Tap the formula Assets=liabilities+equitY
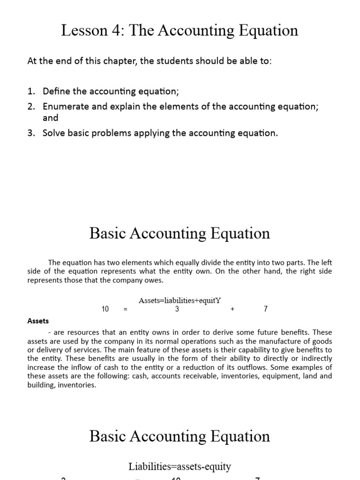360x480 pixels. click(180, 300)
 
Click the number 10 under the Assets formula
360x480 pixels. click(105, 309)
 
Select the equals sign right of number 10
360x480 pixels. click(125, 309)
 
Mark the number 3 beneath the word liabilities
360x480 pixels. click(177, 309)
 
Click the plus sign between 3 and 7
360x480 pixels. click(232, 309)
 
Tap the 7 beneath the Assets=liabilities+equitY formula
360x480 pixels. click(266, 309)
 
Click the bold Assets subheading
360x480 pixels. click(38, 321)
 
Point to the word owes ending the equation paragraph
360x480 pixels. click(154, 280)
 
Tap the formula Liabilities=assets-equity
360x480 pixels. click(180, 466)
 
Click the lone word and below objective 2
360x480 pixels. click(51, 118)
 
